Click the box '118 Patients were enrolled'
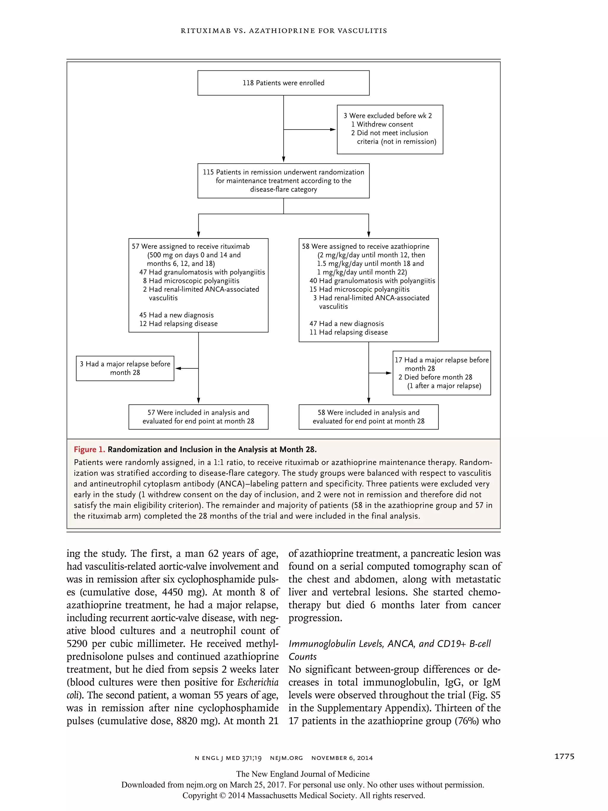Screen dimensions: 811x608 pyautogui.click(x=283, y=83)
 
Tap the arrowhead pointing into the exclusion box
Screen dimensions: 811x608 pyautogui.click(x=333, y=130)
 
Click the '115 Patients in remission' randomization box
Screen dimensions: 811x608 pyautogui.click(x=283, y=181)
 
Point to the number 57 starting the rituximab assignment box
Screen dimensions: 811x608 pyautogui.click(x=136, y=246)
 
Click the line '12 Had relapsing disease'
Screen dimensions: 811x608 pyautogui.click(x=178, y=324)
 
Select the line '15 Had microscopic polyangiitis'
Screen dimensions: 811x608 pyautogui.click(x=359, y=289)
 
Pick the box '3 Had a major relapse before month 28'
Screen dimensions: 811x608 pyautogui.click(x=125, y=368)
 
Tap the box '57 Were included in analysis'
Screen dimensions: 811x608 pyautogui.click(x=198, y=417)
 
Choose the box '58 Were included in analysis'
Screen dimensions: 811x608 pyautogui.click(x=368, y=417)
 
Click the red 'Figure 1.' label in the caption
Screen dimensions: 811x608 pyautogui.click(x=89, y=449)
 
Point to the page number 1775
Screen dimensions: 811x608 pyautogui.click(x=564, y=756)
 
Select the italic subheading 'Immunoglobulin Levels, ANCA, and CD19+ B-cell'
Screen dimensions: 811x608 pyautogui.click(x=389, y=644)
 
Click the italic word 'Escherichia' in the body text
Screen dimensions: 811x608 pyautogui.click(x=258, y=682)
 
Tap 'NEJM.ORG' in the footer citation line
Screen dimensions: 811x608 pyautogui.click(x=286, y=758)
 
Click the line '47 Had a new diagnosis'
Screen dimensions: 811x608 pyautogui.click(x=346, y=324)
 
